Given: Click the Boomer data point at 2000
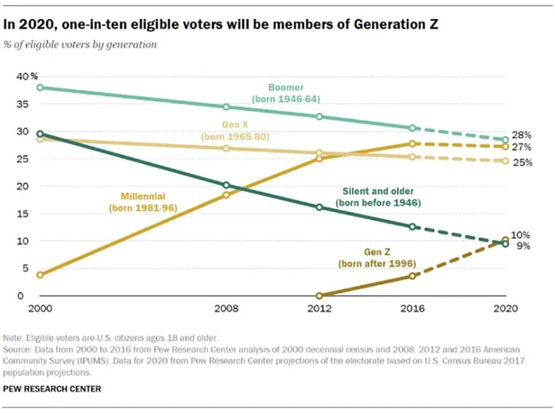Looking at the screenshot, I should [40, 88].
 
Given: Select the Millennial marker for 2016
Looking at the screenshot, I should [413, 143].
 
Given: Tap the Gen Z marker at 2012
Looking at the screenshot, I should [319, 296].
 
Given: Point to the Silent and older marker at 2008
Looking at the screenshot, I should [226, 185].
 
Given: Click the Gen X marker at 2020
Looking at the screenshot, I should [506, 161].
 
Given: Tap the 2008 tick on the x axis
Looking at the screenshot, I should [226, 309].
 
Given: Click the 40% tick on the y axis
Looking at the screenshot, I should [26, 77].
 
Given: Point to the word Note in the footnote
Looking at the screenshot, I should [14, 337].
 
